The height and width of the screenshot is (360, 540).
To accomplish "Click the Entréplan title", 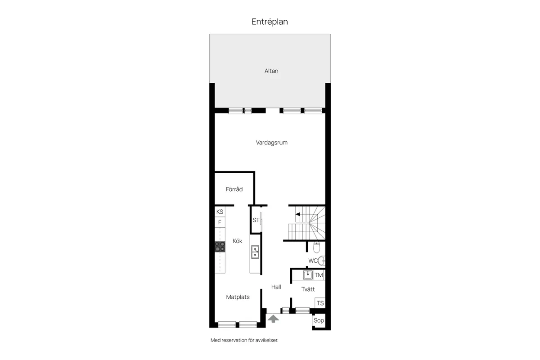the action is tap(270, 22).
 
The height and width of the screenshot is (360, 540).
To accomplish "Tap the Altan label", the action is tap(271, 71).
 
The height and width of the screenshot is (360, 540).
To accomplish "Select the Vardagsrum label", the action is tap(271, 143).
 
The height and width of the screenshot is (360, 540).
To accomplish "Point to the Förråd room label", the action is tap(234, 189).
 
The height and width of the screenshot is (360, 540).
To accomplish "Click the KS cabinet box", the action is tap(220, 211).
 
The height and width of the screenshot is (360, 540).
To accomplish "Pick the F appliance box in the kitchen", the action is tap(220, 222).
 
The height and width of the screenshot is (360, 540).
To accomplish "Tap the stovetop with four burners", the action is tap(220, 247).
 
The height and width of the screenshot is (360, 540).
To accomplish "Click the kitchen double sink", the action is tap(255, 252).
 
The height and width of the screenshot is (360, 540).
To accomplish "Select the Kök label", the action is tap(238, 241).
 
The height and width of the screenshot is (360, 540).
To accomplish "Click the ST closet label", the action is tap(256, 220).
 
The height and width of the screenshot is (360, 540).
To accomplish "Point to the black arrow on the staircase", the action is tap(298, 214).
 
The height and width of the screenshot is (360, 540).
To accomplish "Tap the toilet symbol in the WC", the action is tap(316, 247).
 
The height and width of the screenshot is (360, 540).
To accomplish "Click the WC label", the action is tap(313, 261).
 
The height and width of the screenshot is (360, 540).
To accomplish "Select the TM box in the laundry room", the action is tap(319, 275).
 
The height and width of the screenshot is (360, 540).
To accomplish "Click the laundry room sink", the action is tap(308, 275).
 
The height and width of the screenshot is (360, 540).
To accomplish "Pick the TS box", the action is tap(320, 303).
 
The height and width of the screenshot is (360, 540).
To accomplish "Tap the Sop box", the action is tap(319, 320).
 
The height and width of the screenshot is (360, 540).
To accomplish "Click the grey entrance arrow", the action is tap(273, 319).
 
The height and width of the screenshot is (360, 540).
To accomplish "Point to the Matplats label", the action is tap(238, 297).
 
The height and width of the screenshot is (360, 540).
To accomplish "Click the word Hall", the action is tap(276, 287).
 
